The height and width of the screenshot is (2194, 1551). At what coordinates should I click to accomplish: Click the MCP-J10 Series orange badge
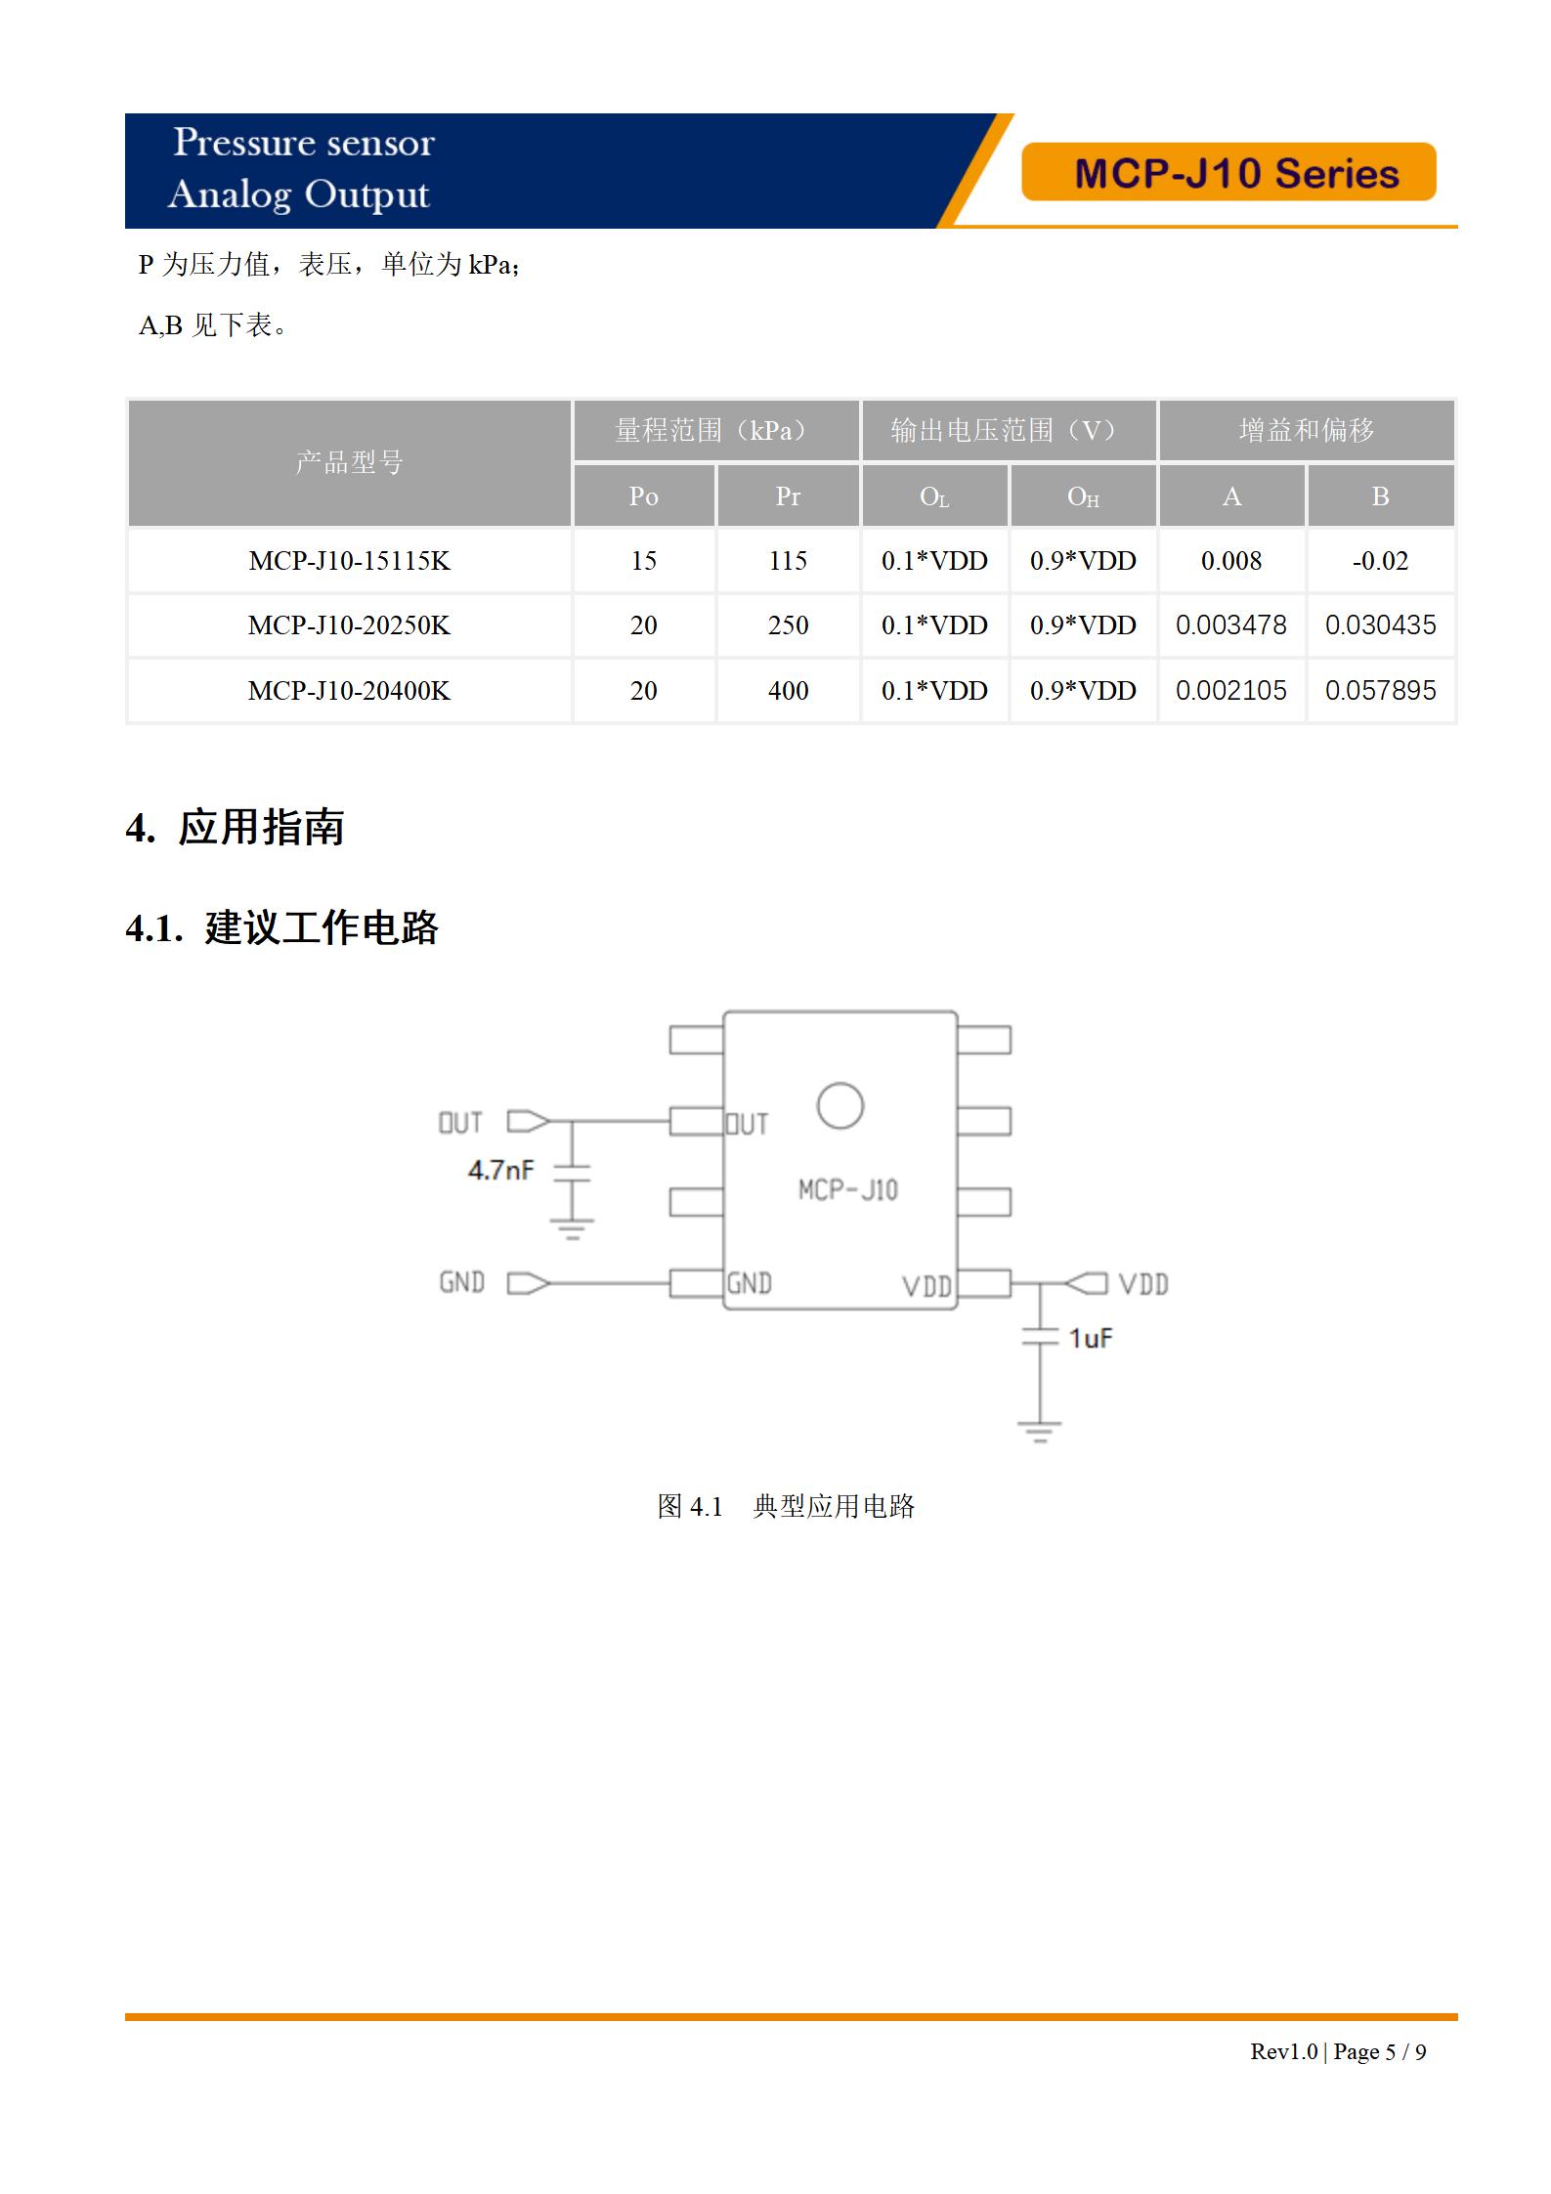click(x=1228, y=173)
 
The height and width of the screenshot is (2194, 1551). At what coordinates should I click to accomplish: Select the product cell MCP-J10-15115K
click(x=349, y=561)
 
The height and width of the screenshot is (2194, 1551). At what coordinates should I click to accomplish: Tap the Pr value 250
click(x=788, y=625)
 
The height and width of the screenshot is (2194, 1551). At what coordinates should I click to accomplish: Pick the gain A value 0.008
click(x=1230, y=561)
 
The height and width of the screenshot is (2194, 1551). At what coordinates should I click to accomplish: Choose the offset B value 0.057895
click(x=1380, y=691)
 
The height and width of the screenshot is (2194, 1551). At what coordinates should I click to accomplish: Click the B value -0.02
click(x=1380, y=561)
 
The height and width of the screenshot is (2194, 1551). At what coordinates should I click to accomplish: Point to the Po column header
click(x=643, y=496)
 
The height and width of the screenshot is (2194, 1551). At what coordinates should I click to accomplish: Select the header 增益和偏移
click(x=1306, y=430)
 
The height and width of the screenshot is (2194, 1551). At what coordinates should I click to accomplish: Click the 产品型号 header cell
click(x=349, y=462)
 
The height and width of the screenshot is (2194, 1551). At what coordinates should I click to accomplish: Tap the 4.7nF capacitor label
click(x=500, y=1170)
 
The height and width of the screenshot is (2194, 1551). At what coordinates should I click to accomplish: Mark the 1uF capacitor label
click(x=1090, y=1338)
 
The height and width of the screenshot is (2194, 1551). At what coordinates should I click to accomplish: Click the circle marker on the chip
click(x=840, y=1106)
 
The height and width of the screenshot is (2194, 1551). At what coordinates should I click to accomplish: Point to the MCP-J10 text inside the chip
click(x=847, y=1189)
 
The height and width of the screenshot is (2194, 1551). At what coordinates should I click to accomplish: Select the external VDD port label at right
click(x=1142, y=1284)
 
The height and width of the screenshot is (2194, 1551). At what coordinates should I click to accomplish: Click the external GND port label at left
click(x=461, y=1282)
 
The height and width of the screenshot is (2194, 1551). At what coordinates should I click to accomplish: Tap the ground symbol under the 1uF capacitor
click(x=1039, y=1432)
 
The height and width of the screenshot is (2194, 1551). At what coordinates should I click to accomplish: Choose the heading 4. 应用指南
click(x=235, y=828)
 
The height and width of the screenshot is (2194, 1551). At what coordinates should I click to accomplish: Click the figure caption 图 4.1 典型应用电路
click(x=786, y=1506)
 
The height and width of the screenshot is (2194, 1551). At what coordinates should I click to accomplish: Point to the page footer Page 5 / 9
click(x=1379, y=2051)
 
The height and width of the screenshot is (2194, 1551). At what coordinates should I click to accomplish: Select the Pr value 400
click(x=788, y=691)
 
